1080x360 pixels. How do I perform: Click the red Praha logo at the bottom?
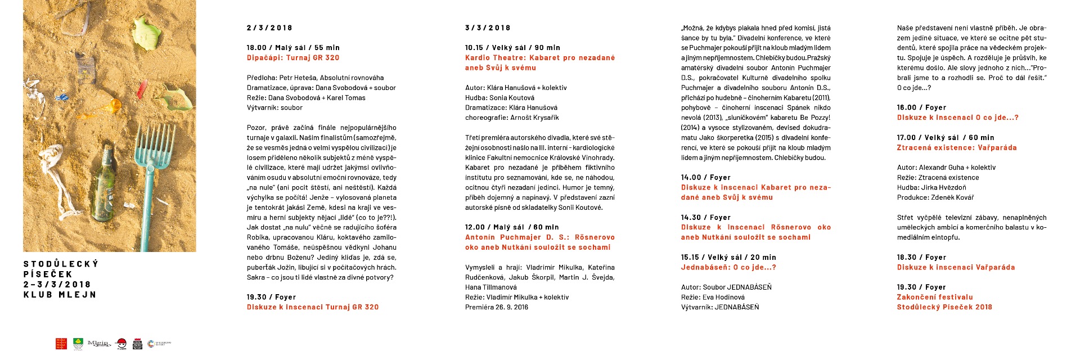coord(61,344)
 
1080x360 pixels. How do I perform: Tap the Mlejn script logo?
coord(98,343)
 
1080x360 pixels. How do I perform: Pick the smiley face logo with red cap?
coord(120,344)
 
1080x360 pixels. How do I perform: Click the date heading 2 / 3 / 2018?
coord(269,28)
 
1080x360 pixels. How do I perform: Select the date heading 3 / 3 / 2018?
coord(488,28)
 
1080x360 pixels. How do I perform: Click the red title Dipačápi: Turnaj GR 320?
coord(293,58)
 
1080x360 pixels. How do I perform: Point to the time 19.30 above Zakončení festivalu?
coord(906,287)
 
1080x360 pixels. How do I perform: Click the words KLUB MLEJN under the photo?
coord(60,295)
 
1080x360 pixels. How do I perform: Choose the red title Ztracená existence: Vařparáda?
coord(956,148)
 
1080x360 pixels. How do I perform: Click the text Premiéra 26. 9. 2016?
coord(497,307)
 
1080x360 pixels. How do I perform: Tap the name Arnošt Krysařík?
coord(534,118)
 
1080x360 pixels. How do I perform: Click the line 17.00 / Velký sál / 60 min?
coord(945,138)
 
